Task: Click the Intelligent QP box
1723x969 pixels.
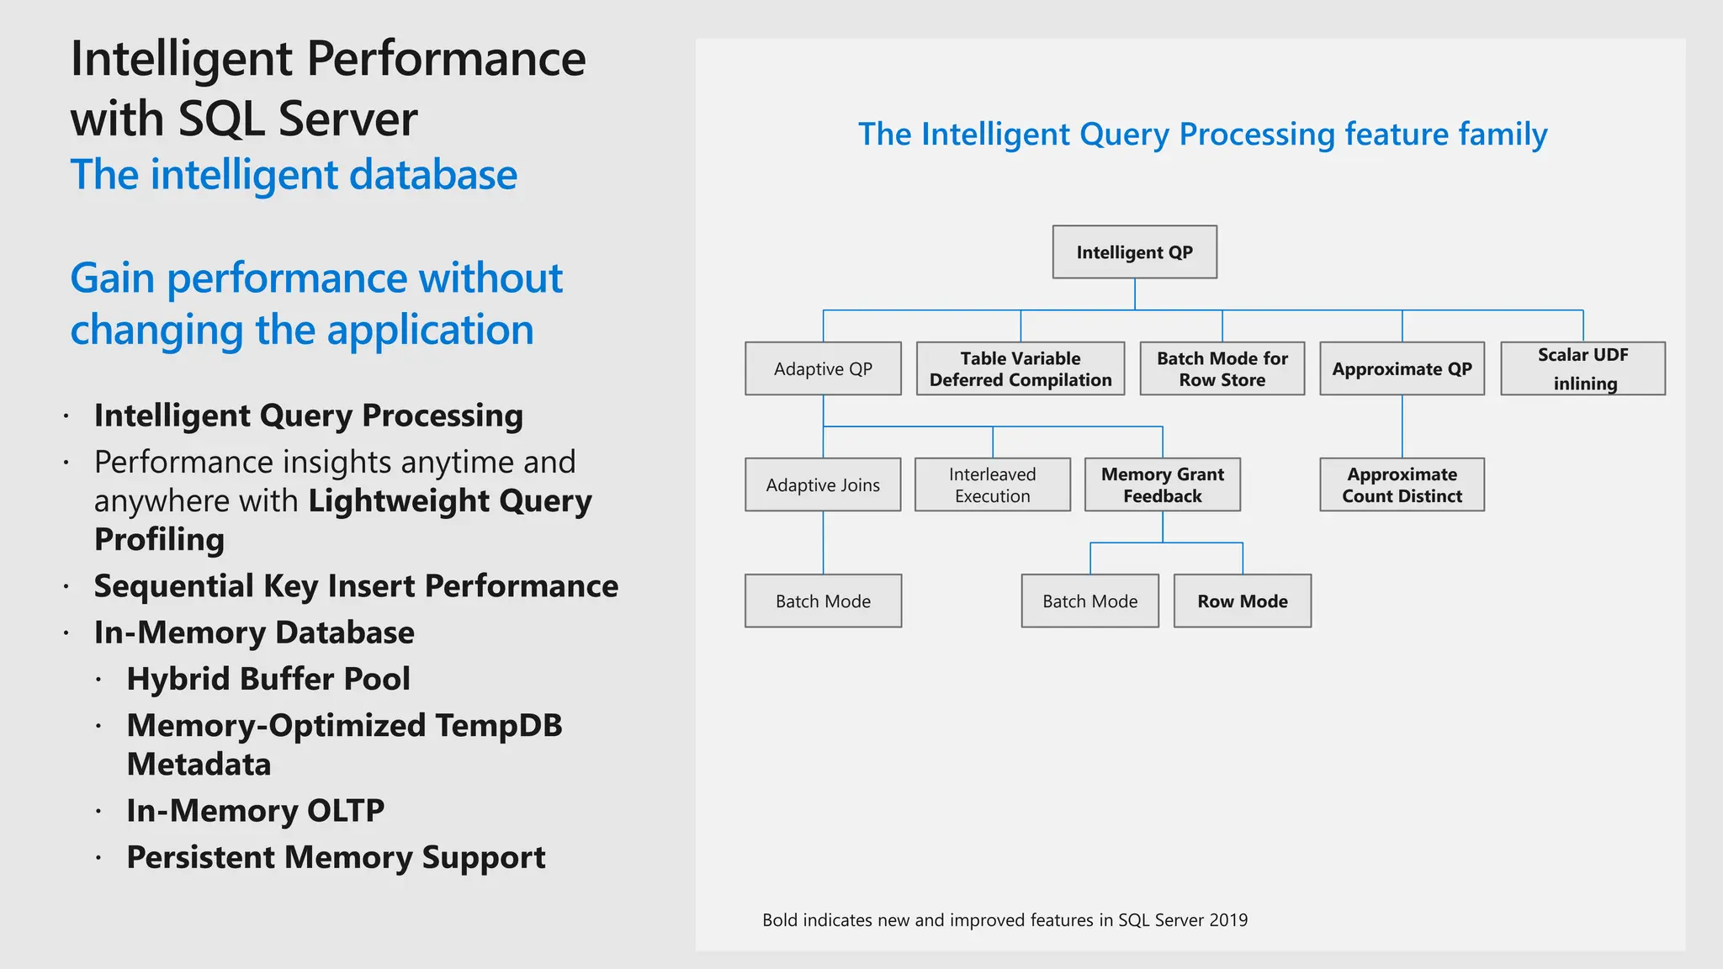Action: click(x=1134, y=252)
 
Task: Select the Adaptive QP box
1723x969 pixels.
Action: click(x=823, y=368)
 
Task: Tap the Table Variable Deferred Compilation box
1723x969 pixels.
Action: click(x=1021, y=368)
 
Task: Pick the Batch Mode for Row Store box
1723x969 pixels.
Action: click(x=1222, y=368)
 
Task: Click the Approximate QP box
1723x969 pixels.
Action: click(x=1402, y=368)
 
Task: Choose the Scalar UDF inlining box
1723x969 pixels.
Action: click(x=1583, y=368)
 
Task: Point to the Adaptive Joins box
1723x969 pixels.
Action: click(x=823, y=484)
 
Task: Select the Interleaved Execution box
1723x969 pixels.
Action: click(x=993, y=484)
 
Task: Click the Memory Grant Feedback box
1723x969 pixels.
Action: click(x=1163, y=484)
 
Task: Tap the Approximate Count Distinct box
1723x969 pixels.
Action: click(x=1402, y=484)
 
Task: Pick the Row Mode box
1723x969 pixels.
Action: click(x=1243, y=601)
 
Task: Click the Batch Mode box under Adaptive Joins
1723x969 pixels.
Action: click(x=823, y=601)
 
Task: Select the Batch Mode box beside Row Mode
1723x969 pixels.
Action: click(x=1089, y=601)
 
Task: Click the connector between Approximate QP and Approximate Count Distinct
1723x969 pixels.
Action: click(x=1402, y=426)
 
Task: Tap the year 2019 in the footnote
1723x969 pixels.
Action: click(x=1228, y=920)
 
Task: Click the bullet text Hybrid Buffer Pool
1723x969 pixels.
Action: click(x=268, y=679)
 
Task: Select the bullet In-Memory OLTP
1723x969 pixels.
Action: click(x=255, y=810)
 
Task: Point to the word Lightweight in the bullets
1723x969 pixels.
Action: click(x=398, y=500)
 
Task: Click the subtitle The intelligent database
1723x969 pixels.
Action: click(x=294, y=175)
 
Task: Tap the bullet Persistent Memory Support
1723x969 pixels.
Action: click(x=336, y=857)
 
